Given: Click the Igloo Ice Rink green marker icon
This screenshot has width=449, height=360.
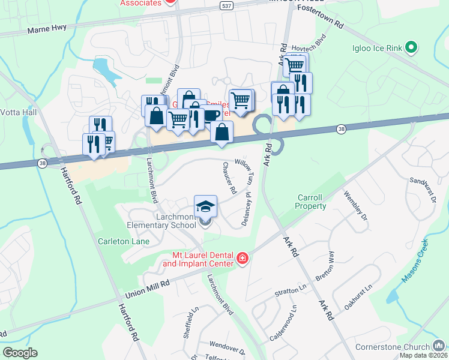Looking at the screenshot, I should [x=411, y=46].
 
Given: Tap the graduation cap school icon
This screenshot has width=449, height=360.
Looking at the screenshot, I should [x=205, y=206].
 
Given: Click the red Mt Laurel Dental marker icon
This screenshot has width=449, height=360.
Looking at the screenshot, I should [x=242, y=259].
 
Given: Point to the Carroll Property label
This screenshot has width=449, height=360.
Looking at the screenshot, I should [x=312, y=202].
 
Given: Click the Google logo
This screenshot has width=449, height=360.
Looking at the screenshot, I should [x=19, y=352].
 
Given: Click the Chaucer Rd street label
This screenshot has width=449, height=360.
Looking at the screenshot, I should [x=229, y=178].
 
